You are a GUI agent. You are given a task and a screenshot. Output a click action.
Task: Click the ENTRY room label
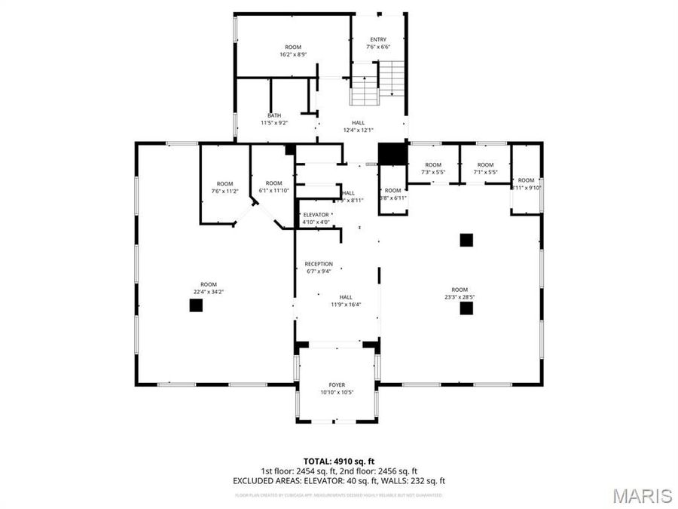(379, 39)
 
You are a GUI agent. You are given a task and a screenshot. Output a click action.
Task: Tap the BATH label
(274, 115)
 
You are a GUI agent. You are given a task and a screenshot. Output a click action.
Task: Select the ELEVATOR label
(316, 215)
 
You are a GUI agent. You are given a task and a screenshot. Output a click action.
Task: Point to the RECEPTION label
(319, 264)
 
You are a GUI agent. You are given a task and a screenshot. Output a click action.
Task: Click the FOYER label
(337, 385)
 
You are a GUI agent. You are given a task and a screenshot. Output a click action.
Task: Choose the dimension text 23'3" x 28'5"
(460, 297)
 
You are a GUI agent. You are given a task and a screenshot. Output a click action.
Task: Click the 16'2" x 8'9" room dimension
(292, 54)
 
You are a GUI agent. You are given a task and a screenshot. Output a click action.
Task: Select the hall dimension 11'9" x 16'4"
(346, 305)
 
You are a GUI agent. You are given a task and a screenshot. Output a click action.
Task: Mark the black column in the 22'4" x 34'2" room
(196, 305)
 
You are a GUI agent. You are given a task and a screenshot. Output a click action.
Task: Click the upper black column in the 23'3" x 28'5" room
(466, 240)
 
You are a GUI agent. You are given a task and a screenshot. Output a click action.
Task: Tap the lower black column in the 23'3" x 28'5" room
(466, 308)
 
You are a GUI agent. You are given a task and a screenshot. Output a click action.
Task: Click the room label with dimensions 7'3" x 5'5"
(433, 164)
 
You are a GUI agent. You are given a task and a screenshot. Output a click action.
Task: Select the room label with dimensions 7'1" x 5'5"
(485, 164)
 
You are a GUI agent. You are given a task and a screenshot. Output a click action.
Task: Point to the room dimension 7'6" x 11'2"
(224, 192)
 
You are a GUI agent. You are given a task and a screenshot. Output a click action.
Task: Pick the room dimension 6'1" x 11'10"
(273, 191)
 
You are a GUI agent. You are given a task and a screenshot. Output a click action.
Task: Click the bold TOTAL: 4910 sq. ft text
(339, 460)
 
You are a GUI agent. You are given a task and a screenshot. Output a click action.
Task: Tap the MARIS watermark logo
(642, 495)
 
